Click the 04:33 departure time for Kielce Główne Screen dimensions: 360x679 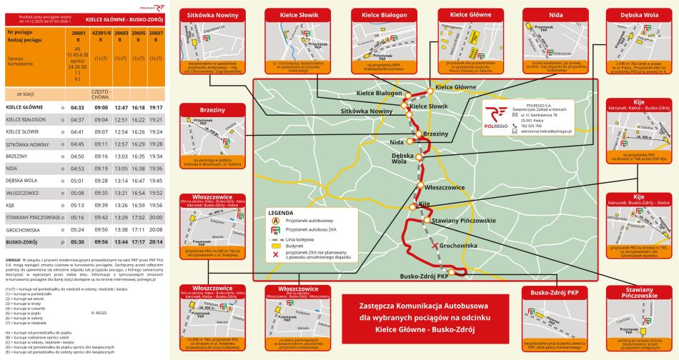point(78,107)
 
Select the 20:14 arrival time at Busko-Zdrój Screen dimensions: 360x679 point(156,242)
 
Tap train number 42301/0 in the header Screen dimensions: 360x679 point(101,33)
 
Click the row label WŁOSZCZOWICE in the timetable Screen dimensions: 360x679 point(21,193)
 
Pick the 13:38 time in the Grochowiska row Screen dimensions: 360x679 point(121,230)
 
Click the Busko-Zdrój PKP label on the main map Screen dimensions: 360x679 point(423,276)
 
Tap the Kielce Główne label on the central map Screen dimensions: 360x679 point(455,86)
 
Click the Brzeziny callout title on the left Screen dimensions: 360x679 point(212,110)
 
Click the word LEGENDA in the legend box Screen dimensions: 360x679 point(281,212)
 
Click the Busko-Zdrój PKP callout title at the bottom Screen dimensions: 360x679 point(555,293)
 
